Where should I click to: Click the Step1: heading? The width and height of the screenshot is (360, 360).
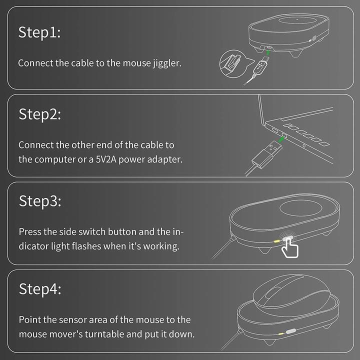pyautogui.click(x=39, y=32)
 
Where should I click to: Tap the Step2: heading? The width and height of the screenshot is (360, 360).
pyautogui.click(x=39, y=114)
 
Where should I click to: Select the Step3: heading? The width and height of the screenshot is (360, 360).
pyautogui.click(x=40, y=201)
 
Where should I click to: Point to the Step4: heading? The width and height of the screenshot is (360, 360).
pyautogui.click(x=40, y=289)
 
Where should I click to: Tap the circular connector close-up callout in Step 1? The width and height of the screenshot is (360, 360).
pyautogui.click(x=233, y=64)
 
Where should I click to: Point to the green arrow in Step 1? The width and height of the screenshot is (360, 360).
pyautogui.click(x=268, y=53)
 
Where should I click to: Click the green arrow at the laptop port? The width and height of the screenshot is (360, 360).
pyautogui.click(x=281, y=139)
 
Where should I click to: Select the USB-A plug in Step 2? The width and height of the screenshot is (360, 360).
pyautogui.click(x=267, y=154)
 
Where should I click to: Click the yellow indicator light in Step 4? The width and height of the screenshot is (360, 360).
pyautogui.click(x=281, y=333)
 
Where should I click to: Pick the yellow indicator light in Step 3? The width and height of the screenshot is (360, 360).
pyautogui.click(x=277, y=241)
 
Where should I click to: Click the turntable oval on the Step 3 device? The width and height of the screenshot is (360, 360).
pyautogui.click(x=301, y=208)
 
